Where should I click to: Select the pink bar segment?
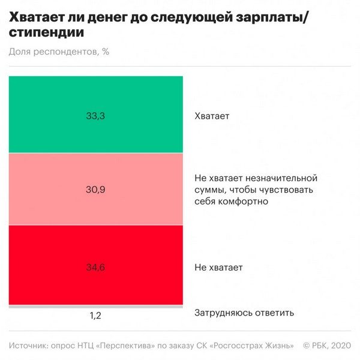(96, 174)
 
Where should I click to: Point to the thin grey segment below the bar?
(96, 307)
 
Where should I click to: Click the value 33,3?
(95, 116)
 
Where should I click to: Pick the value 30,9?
(95, 190)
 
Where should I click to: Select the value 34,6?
(95, 267)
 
